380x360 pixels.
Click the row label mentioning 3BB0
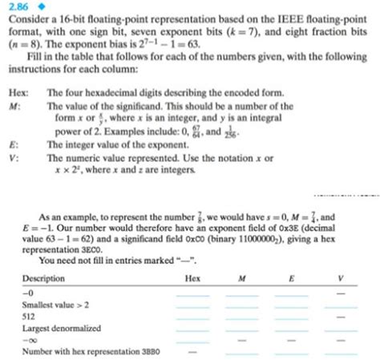75,350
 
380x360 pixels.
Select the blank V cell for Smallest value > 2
340,305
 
